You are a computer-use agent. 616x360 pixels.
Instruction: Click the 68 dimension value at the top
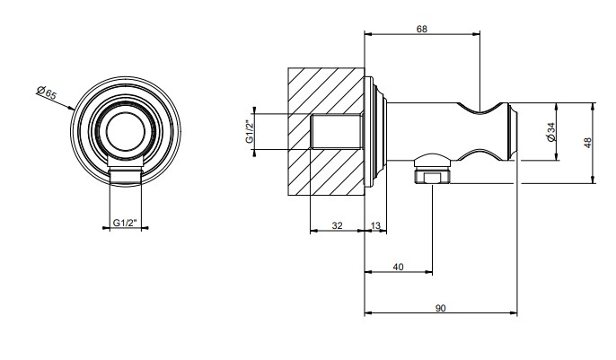(421, 29)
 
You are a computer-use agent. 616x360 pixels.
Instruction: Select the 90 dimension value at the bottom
(440, 308)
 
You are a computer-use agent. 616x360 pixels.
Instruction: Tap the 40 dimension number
(398, 267)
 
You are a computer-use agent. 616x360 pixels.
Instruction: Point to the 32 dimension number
(337, 225)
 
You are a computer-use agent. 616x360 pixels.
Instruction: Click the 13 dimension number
(375, 225)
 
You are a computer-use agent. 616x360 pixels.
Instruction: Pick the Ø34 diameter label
(550, 132)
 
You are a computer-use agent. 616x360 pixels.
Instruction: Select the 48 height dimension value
(587, 143)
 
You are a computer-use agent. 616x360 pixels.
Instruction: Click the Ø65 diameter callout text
(47, 92)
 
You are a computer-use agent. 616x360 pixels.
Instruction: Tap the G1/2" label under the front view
(125, 223)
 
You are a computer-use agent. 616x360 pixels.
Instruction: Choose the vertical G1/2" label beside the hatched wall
(250, 131)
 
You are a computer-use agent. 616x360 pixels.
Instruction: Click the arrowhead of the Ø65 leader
(72, 108)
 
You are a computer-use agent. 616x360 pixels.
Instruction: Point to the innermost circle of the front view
(126, 132)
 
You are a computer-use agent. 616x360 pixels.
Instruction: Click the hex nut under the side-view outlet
(432, 178)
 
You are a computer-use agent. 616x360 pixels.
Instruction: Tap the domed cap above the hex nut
(432, 160)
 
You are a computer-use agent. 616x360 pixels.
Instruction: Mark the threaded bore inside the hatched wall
(336, 131)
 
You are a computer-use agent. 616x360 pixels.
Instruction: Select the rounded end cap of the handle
(513, 131)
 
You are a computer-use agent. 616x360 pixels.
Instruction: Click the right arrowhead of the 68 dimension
(477, 34)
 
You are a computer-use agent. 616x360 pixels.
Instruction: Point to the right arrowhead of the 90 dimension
(514, 313)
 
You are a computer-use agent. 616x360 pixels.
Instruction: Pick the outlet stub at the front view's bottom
(125, 175)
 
